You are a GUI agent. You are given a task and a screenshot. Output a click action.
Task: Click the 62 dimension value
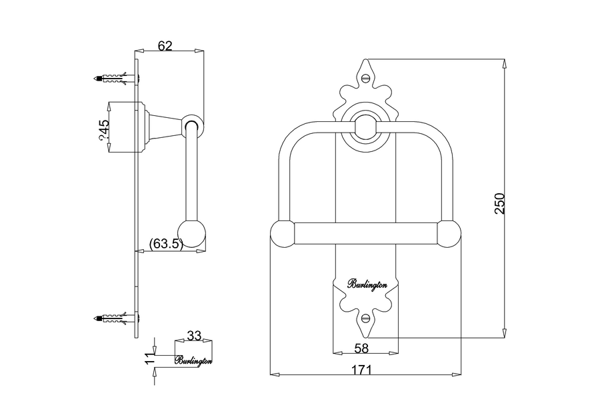click(165, 45)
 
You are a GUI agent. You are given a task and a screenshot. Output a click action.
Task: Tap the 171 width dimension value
click(362, 370)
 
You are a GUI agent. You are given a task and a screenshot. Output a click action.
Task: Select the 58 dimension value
click(362, 348)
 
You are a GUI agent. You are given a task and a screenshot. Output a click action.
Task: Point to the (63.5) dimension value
click(166, 243)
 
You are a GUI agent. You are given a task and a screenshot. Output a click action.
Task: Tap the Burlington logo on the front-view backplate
click(366, 284)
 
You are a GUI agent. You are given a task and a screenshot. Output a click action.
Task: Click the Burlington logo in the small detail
click(193, 360)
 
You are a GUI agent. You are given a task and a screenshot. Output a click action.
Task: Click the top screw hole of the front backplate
click(365, 77)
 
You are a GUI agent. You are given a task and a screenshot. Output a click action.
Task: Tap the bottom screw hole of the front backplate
click(365, 318)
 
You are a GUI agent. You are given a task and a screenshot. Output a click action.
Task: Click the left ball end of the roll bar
click(282, 235)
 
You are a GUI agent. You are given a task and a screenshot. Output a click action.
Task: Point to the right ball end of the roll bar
click(449, 235)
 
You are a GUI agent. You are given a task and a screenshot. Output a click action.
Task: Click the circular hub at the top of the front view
click(365, 125)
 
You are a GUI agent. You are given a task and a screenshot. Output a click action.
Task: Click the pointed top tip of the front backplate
click(365, 61)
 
